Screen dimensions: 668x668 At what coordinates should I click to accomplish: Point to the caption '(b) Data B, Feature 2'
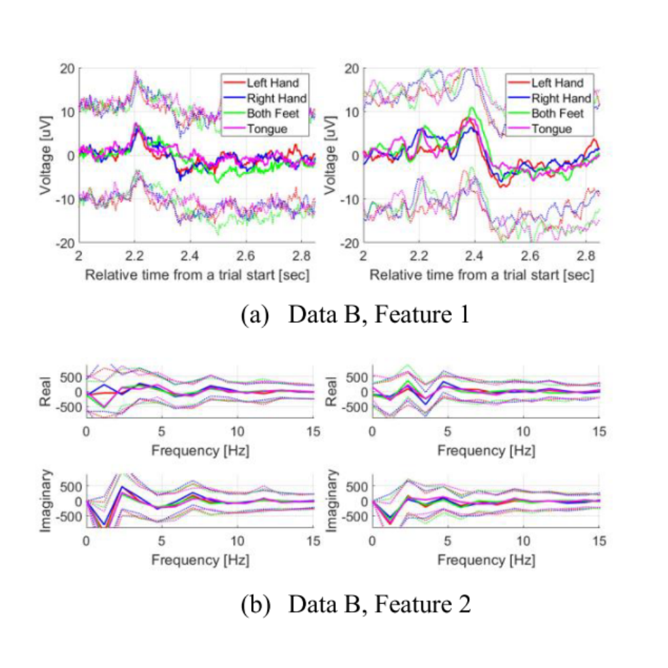coord(356,604)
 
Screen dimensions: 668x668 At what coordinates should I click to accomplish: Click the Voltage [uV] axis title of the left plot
coord(46,155)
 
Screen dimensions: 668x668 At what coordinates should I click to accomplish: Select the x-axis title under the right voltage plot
coord(482,275)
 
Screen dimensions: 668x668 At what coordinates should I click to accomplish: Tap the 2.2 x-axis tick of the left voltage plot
coord(134,254)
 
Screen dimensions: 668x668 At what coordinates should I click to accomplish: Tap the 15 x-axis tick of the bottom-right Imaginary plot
coord(598,541)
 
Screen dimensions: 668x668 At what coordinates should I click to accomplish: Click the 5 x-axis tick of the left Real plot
coord(161,433)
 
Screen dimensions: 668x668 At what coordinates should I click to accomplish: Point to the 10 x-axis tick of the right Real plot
coord(523,433)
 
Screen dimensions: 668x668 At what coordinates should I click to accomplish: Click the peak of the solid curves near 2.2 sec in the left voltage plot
coord(135,125)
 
